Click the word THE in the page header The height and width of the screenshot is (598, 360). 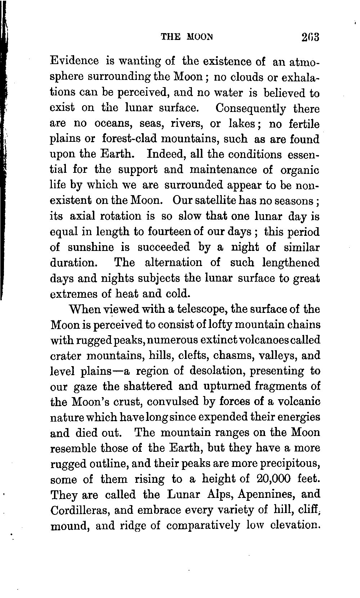(171, 37)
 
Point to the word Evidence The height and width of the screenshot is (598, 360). (74, 61)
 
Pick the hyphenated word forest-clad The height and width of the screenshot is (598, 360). (130, 139)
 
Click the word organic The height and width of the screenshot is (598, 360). (300, 170)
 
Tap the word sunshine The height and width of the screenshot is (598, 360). (91, 247)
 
